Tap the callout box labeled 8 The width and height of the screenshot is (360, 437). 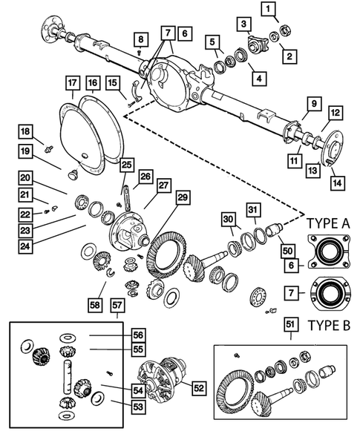pyautogui.click(x=140, y=39)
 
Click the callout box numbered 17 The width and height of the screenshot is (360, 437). pyautogui.click(x=71, y=83)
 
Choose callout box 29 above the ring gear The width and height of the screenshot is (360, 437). pyautogui.click(x=182, y=197)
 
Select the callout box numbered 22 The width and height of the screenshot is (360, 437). pyautogui.click(x=26, y=214)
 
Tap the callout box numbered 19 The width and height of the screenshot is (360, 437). pyautogui.click(x=26, y=152)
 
